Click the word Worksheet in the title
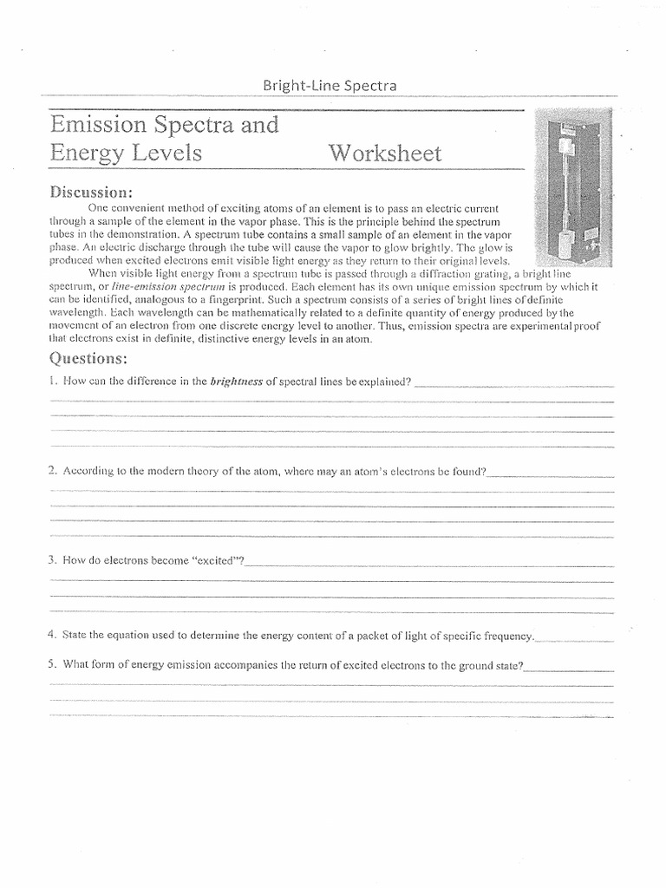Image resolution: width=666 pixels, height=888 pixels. [384, 154]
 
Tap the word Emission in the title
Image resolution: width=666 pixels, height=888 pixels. [94, 125]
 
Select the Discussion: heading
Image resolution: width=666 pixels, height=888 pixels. [90, 191]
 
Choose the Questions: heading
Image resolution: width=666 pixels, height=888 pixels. [88, 358]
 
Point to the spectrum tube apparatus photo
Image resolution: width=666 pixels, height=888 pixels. [570, 187]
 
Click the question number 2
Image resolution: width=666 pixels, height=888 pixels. [53, 471]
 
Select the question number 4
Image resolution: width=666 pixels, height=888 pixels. [52, 635]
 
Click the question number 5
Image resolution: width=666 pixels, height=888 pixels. [52, 665]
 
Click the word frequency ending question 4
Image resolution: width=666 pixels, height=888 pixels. [509, 636]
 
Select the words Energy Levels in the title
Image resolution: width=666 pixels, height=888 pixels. [127, 154]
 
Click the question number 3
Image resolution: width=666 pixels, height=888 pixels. [52, 560]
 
